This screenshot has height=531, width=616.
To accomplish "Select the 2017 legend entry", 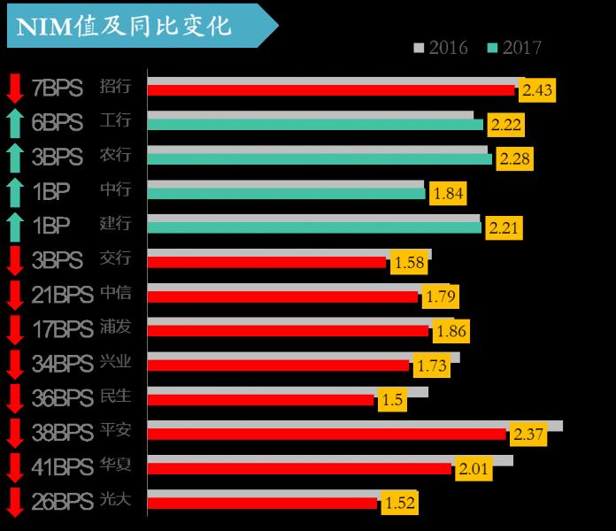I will [514, 48].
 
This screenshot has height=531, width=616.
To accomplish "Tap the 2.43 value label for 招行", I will [538, 90].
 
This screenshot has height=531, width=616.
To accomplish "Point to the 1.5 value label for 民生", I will [392, 400].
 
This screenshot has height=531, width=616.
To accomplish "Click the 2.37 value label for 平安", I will [527, 435].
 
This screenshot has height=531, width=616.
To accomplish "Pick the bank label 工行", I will [116, 121].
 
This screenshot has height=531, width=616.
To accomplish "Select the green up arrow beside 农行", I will [14, 158].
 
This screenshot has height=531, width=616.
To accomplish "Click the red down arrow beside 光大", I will [14, 502].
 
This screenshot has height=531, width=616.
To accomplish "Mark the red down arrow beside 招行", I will [14, 88].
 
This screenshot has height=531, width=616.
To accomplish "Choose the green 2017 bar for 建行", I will [314, 228].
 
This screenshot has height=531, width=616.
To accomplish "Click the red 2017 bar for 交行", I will [266, 263].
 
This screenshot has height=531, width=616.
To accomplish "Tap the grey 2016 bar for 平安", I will [354, 426].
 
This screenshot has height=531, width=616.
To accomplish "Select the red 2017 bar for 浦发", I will [288, 331].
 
